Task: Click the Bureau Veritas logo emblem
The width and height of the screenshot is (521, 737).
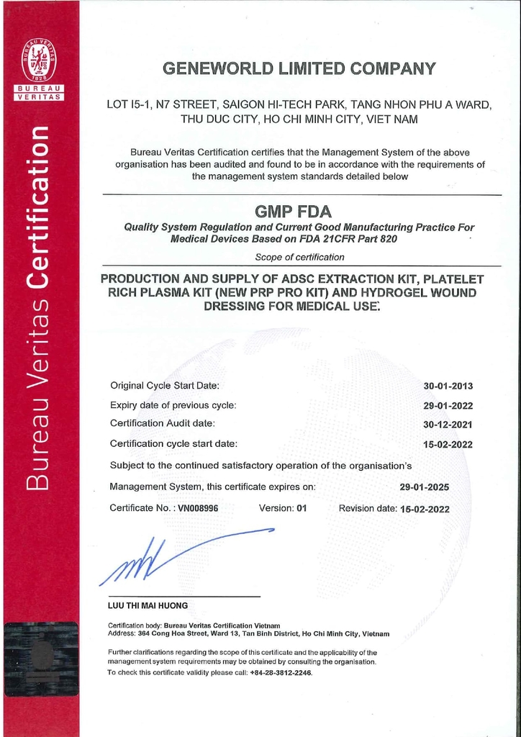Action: (39, 60)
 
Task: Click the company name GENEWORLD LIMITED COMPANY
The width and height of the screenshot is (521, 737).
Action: (299, 69)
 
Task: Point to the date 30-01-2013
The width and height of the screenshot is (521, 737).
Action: (448, 386)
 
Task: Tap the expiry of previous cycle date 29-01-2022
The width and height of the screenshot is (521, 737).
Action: (448, 405)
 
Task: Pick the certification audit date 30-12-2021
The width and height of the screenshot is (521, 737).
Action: (448, 424)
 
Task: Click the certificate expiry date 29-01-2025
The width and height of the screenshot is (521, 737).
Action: (425, 487)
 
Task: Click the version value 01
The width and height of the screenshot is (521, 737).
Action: (302, 508)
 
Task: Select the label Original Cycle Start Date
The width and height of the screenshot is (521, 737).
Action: (164, 386)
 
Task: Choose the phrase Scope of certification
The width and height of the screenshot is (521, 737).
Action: (299, 257)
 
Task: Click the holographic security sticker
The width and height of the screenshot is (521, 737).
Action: (41, 659)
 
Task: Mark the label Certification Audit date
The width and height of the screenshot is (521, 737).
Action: (163, 423)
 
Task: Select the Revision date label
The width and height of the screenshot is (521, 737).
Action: (367, 508)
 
